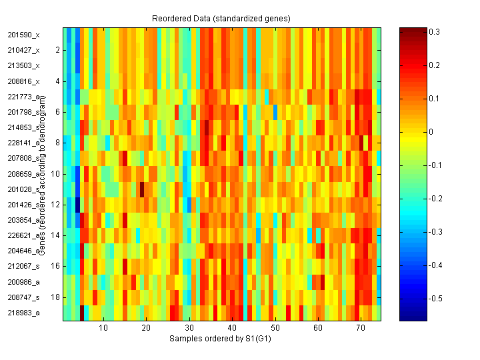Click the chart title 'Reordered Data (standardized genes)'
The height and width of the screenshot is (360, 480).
221,17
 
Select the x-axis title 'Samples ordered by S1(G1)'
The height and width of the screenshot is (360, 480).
221,339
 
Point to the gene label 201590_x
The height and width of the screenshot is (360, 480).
23,35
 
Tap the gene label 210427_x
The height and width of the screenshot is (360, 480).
23,50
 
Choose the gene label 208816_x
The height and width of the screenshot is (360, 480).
23,81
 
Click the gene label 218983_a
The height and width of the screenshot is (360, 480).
23,313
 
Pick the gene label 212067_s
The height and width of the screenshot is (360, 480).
23,266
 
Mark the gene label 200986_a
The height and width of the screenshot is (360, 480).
23,282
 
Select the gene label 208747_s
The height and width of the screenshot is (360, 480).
23,297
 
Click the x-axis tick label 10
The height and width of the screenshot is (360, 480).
103,328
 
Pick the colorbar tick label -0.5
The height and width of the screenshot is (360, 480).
437,298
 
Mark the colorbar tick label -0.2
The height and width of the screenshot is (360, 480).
437,199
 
